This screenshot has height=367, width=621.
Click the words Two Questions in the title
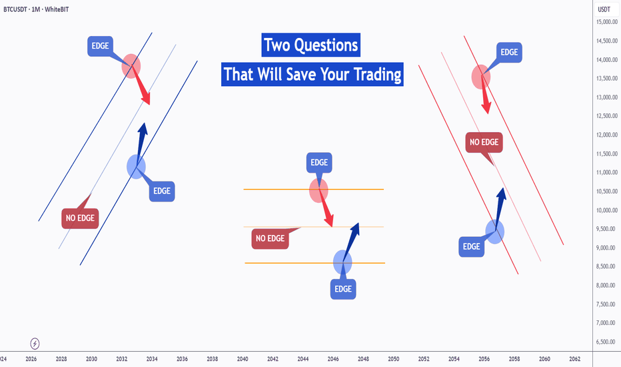(x=311, y=45)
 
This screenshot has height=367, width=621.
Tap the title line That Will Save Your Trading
(x=312, y=74)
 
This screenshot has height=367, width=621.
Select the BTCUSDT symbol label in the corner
(x=15, y=9)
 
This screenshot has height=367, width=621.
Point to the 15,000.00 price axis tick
(x=607, y=22)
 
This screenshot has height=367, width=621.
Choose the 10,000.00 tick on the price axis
(x=607, y=210)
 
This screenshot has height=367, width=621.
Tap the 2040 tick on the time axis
(x=243, y=359)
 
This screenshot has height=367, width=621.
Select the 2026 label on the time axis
(x=31, y=359)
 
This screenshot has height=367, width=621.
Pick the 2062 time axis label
(x=574, y=359)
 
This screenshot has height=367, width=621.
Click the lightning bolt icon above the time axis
(x=35, y=344)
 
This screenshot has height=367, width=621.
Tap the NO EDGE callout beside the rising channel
(x=80, y=218)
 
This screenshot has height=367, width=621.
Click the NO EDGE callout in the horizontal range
(x=270, y=238)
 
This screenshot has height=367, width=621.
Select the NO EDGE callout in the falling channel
(x=484, y=142)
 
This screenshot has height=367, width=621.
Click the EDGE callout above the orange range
(x=319, y=163)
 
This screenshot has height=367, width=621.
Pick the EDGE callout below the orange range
(x=343, y=289)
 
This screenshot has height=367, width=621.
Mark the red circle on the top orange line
(x=318, y=190)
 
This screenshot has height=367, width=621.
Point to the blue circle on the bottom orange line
(x=342, y=262)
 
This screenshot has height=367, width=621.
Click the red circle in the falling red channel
(x=481, y=77)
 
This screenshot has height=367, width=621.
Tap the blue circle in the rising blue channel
(x=136, y=167)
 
